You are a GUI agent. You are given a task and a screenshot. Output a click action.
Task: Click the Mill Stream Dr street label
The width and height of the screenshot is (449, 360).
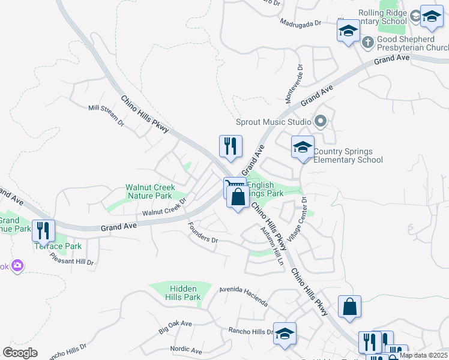point(106,116)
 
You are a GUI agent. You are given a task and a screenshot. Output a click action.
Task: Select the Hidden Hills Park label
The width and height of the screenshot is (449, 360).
point(184,293)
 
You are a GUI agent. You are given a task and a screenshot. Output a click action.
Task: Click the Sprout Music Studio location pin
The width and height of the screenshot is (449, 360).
point(321,122)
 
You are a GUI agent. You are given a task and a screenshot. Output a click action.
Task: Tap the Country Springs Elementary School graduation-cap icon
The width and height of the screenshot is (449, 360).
point(303,147)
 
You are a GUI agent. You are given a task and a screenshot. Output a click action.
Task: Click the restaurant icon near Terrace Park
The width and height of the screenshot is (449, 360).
point(43,230)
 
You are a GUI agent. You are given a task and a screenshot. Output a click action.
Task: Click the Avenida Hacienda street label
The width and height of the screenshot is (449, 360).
point(243,296)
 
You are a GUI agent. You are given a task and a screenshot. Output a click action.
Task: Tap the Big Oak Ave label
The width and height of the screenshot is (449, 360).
point(175,327)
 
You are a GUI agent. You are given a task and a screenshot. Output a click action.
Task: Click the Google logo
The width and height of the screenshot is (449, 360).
point(20,353)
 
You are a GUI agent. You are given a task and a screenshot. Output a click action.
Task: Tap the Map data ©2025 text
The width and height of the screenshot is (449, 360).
point(423,355)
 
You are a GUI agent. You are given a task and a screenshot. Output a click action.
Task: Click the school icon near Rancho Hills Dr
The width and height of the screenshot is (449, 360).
point(285,334)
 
